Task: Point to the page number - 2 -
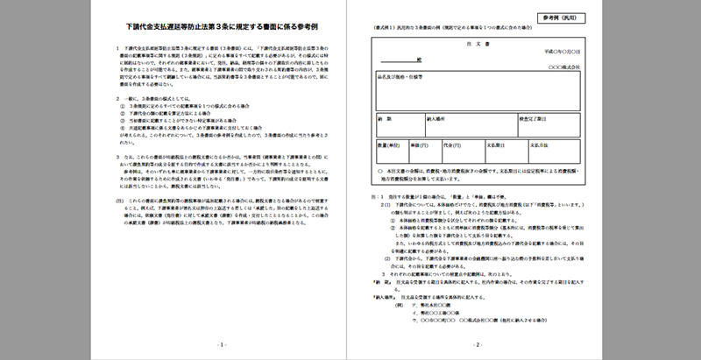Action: click(x=478, y=344)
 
